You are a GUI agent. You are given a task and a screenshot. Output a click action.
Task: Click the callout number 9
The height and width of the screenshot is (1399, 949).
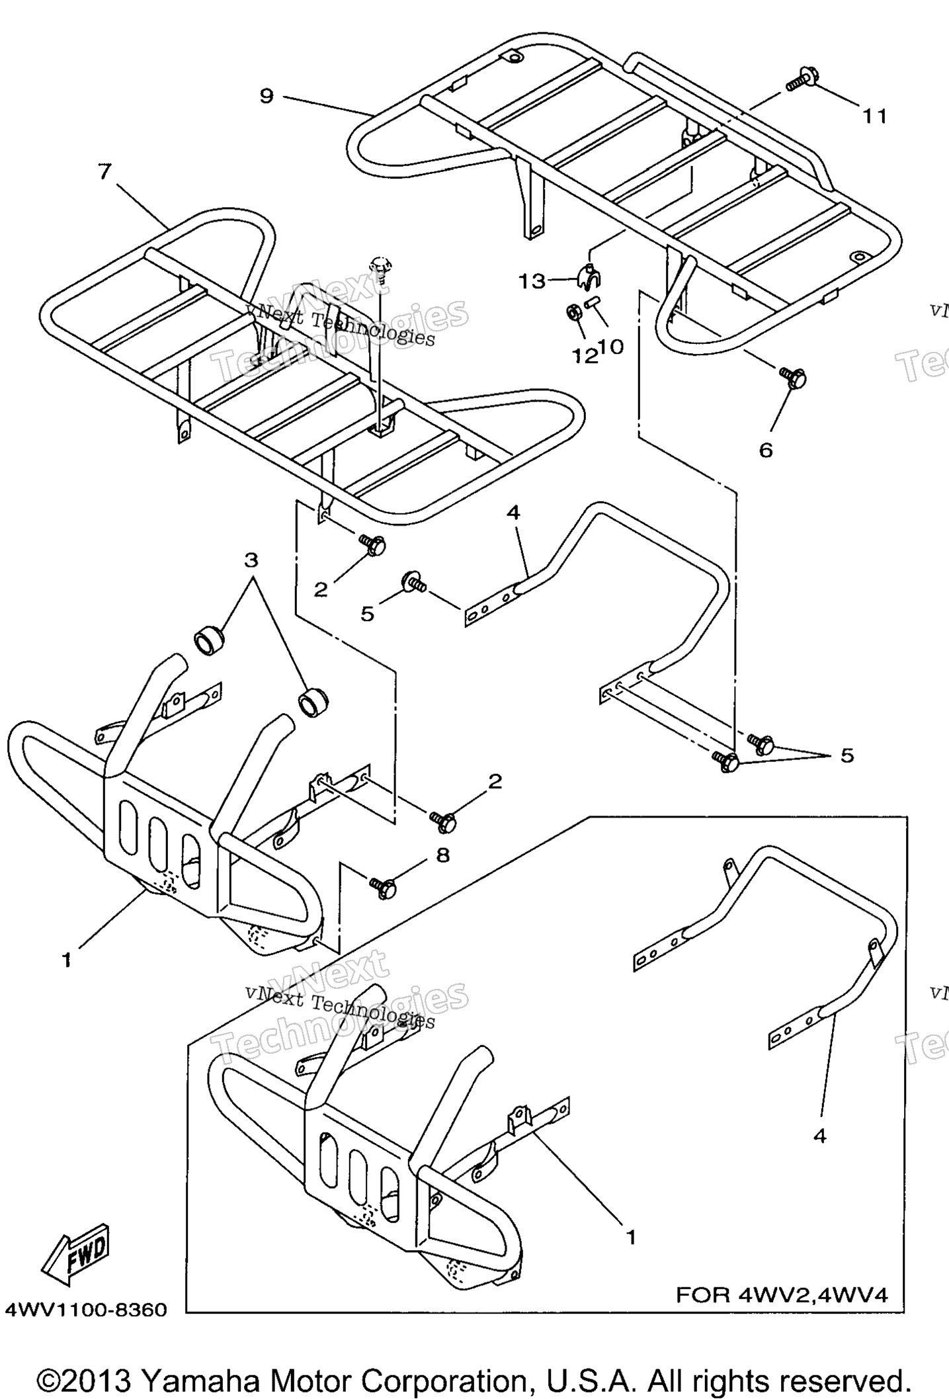click(x=266, y=97)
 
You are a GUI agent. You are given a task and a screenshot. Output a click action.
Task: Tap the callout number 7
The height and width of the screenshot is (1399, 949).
click(x=104, y=172)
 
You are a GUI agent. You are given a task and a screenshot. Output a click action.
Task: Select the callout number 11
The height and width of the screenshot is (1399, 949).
click(x=874, y=116)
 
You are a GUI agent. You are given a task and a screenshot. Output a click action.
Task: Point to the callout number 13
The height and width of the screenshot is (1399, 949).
click(x=532, y=282)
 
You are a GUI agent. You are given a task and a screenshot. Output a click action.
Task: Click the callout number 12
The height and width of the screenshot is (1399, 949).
click(x=585, y=357)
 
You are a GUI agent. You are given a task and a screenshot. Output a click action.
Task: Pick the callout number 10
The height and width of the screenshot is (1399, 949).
click(x=612, y=347)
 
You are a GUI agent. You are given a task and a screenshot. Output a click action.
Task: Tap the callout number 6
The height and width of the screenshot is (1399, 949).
click(x=765, y=450)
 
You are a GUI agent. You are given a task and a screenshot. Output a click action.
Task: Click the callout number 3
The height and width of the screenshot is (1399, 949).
click(x=251, y=560)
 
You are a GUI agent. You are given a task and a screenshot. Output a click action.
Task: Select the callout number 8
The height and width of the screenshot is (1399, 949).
click(x=442, y=855)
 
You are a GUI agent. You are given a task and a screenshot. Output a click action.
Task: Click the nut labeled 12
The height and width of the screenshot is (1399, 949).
click(x=573, y=313)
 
